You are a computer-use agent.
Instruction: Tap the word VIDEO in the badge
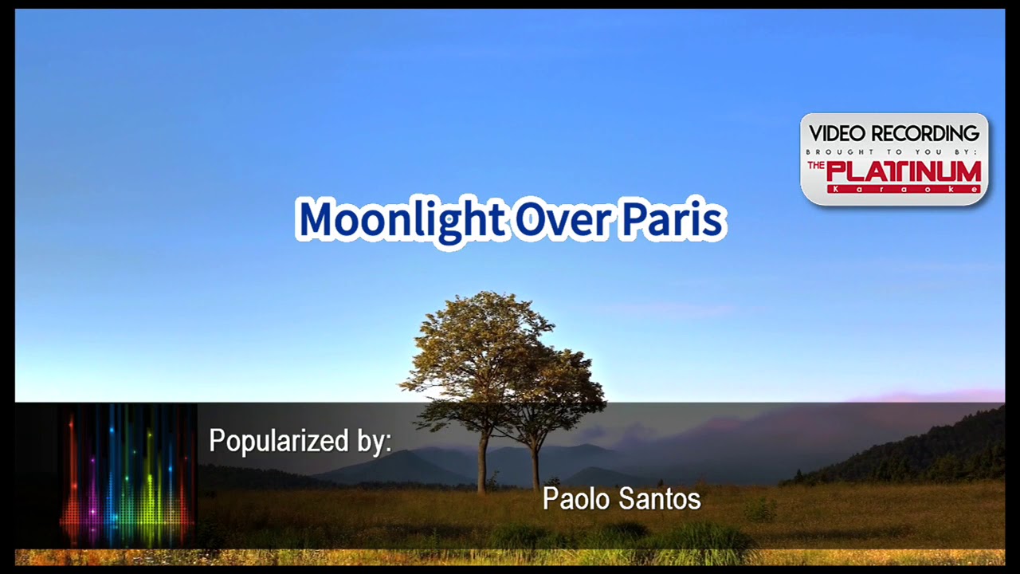(837, 133)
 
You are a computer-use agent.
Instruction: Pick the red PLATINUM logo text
(904, 171)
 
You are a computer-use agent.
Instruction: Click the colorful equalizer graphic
(127, 477)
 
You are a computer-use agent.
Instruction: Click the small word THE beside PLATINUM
(816, 165)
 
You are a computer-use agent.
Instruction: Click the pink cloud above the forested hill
(924, 396)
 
